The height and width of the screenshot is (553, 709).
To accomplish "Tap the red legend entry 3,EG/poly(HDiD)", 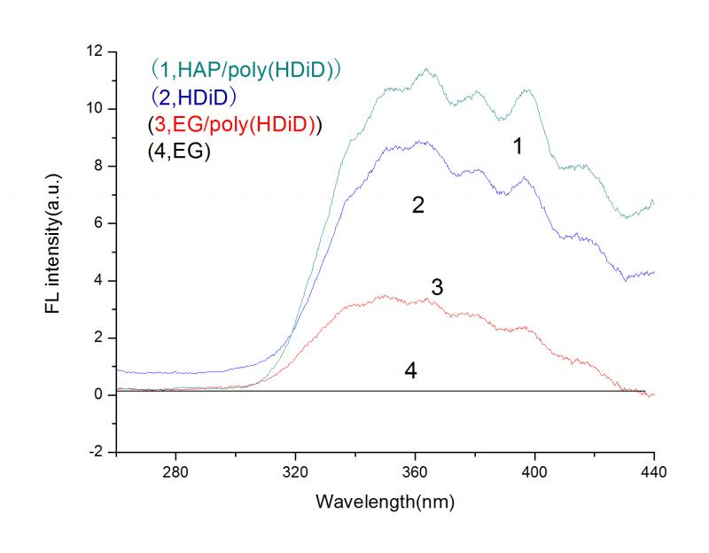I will [234, 124].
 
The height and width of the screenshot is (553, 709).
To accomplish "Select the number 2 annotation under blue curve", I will [418, 206].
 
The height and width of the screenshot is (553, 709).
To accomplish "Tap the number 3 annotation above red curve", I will [437, 288].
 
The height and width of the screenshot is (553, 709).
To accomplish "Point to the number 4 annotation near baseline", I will [410, 370].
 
